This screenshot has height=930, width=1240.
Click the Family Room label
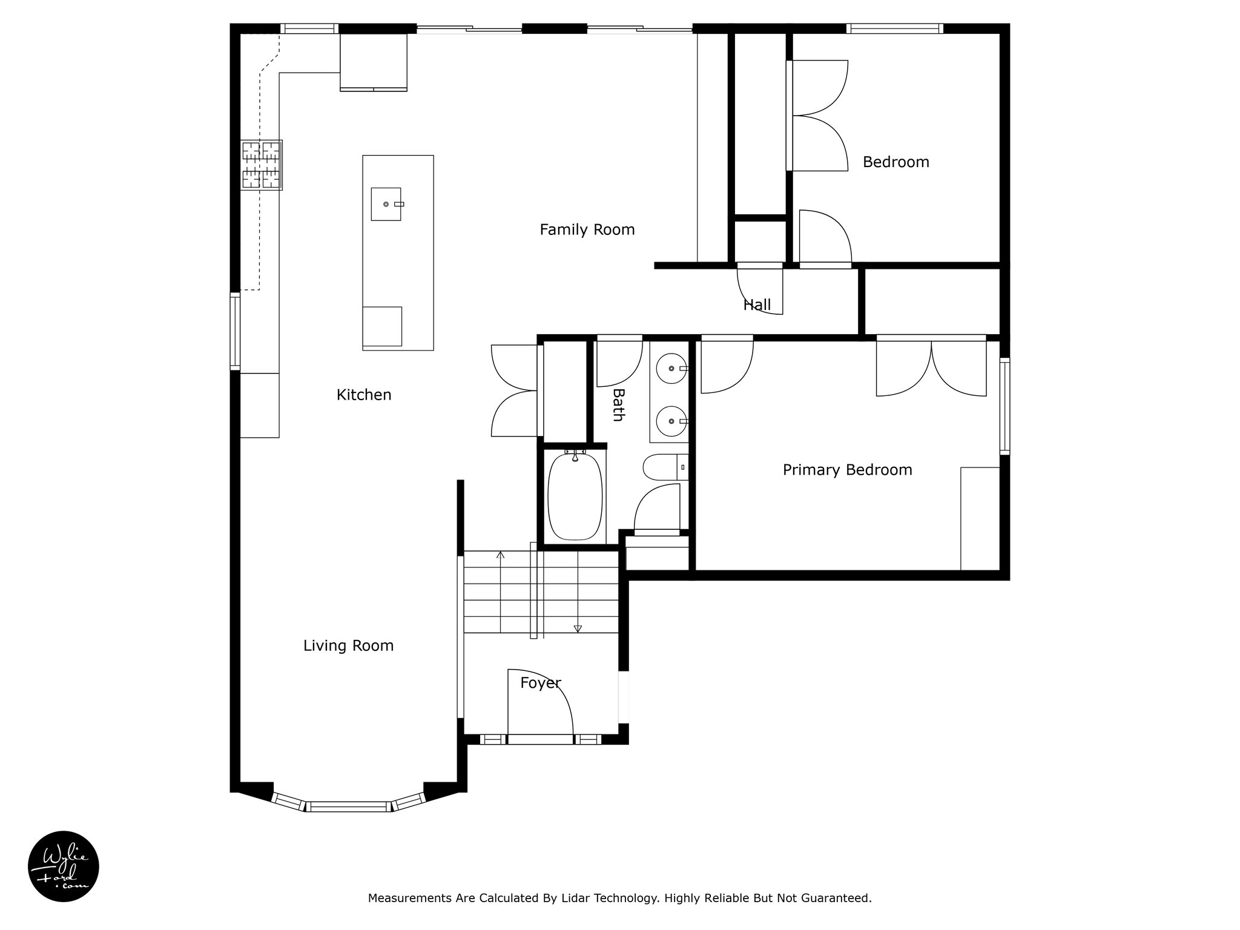tap(587, 230)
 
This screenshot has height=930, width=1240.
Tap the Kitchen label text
tap(364, 395)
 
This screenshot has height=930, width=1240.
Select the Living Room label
tap(348, 646)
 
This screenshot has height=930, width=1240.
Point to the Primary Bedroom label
tap(847, 470)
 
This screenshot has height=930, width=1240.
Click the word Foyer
tap(540, 683)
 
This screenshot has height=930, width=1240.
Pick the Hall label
tap(757, 305)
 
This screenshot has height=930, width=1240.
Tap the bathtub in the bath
tap(575, 496)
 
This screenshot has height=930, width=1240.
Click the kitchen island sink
tap(386, 204)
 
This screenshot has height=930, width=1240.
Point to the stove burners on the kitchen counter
tap(262, 165)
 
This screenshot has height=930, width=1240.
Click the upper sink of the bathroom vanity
tap(672, 368)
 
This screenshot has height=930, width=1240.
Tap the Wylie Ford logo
tap(64, 866)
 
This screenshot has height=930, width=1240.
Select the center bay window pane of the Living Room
tap(348, 806)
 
